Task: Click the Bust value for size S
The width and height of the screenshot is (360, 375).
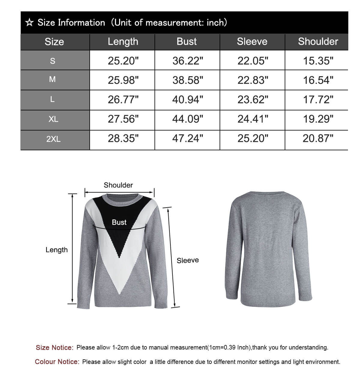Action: (x=187, y=61)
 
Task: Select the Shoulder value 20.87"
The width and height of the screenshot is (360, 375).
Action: (x=318, y=139)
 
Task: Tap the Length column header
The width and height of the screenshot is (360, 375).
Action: (x=123, y=42)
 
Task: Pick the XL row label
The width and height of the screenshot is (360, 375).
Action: (x=53, y=119)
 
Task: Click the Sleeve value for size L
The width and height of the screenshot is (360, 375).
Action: (x=253, y=100)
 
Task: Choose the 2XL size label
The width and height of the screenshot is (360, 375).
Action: (x=53, y=139)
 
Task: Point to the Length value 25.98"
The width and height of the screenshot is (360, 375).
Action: (x=123, y=80)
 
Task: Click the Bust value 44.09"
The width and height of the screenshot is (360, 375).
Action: (x=187, y=119)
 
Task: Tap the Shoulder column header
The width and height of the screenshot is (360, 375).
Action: (x=318, y=42)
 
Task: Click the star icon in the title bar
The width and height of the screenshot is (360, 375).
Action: (x=29, y=23)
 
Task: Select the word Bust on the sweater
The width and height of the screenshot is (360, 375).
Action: (x=119, y=222)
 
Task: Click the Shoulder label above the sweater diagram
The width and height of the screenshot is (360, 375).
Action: (x=118, y=185)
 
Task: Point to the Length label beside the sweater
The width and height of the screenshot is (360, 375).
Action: (x=57, y=250)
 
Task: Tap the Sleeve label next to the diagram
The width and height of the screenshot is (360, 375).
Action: (x=188, y=260)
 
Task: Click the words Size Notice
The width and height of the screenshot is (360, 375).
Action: (x=54, y=348)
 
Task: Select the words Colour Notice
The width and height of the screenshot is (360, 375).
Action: (x=57, y=362)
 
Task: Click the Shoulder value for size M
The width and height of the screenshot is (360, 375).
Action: (x=318, y=80)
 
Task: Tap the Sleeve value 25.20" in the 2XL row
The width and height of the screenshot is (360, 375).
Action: (x=253, y=139)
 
